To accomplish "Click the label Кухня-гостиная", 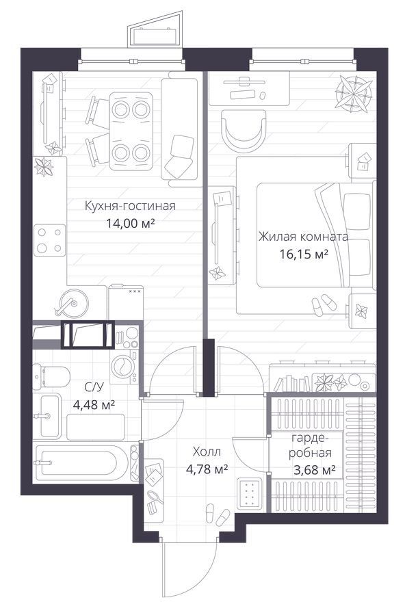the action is coord(130,206).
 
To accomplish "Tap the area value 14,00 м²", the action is coord(131,223).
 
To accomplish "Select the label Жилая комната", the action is coord(303,237).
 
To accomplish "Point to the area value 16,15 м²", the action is coord(304,254).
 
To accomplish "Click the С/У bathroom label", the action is coord(94,387).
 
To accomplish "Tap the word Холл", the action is coord(207,452).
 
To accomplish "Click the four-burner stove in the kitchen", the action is coord(50,240).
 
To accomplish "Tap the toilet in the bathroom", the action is coord(51,377).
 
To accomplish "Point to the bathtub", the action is coord(81,463).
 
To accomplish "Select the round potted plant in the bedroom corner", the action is coord(354,93).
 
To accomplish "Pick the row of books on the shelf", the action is coord(292,384).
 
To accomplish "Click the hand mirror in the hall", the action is coord(155,497).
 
